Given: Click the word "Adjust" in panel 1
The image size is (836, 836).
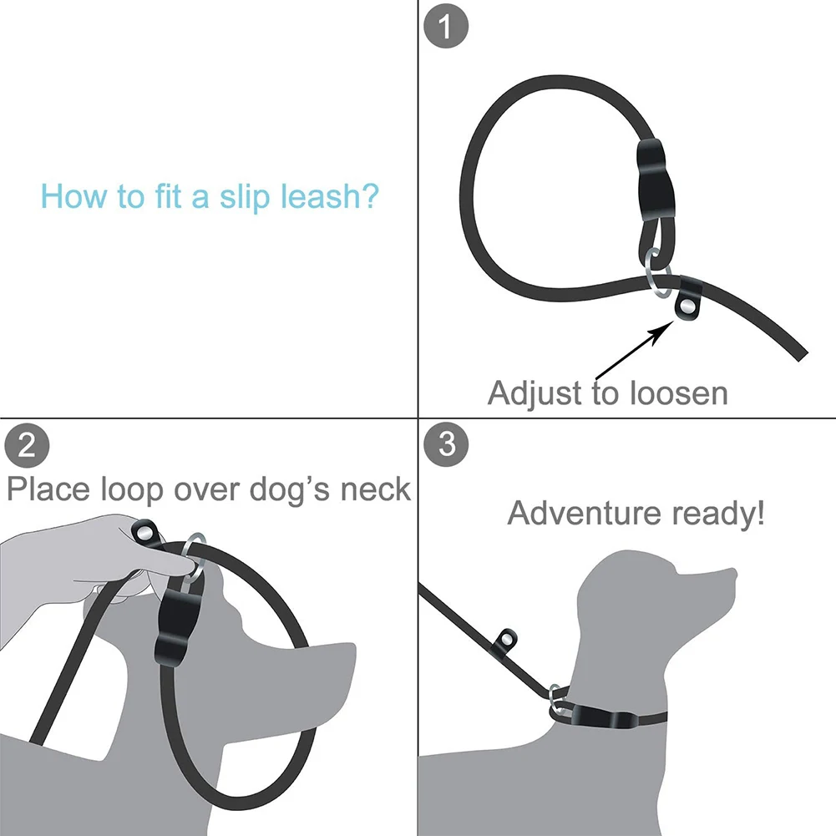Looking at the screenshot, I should (535, 392).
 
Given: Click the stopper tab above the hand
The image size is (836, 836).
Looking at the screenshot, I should (146, 531).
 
